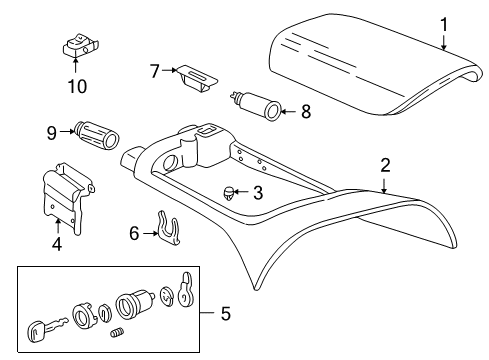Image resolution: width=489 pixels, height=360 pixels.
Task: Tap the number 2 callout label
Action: click(385, 165)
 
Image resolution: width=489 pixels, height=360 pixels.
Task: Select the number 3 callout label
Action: click(257, 193)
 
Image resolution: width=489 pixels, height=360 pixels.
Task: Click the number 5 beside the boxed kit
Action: click(224, 314)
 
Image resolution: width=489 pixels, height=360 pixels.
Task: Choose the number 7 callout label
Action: click(155, 72)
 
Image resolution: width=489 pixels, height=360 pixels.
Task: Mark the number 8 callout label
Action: click(306, 112)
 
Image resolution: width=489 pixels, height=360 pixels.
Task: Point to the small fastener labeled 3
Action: click(230, 192)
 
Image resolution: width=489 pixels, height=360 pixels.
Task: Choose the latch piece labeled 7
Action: click(195, 77)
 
